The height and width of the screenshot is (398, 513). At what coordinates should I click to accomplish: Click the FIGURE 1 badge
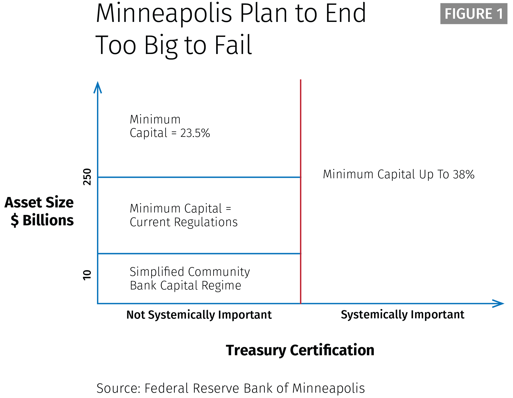point(474,14)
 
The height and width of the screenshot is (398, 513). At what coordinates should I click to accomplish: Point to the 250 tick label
point(87,177)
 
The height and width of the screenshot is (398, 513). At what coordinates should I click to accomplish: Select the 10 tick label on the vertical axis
point(87,275)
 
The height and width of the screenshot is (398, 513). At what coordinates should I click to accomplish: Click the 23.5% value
point(195,133)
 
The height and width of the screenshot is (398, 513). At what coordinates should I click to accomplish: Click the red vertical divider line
point(301,191)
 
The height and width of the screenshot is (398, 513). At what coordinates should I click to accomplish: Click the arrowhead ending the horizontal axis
point(498,303)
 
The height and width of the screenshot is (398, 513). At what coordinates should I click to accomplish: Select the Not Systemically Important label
point(199,315)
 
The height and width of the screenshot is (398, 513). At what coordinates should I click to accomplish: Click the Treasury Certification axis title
point(300,350)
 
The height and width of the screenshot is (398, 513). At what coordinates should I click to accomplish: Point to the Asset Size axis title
point(39,202)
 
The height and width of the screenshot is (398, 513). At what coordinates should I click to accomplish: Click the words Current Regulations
point(184,222)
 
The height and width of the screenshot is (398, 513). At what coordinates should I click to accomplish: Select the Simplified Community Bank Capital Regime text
point(190,279)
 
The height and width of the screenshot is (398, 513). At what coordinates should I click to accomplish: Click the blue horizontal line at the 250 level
point(199,177)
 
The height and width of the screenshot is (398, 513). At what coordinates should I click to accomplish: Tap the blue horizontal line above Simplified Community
point(199,253)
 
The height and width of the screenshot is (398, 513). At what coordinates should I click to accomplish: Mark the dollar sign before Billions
point(15,220)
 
